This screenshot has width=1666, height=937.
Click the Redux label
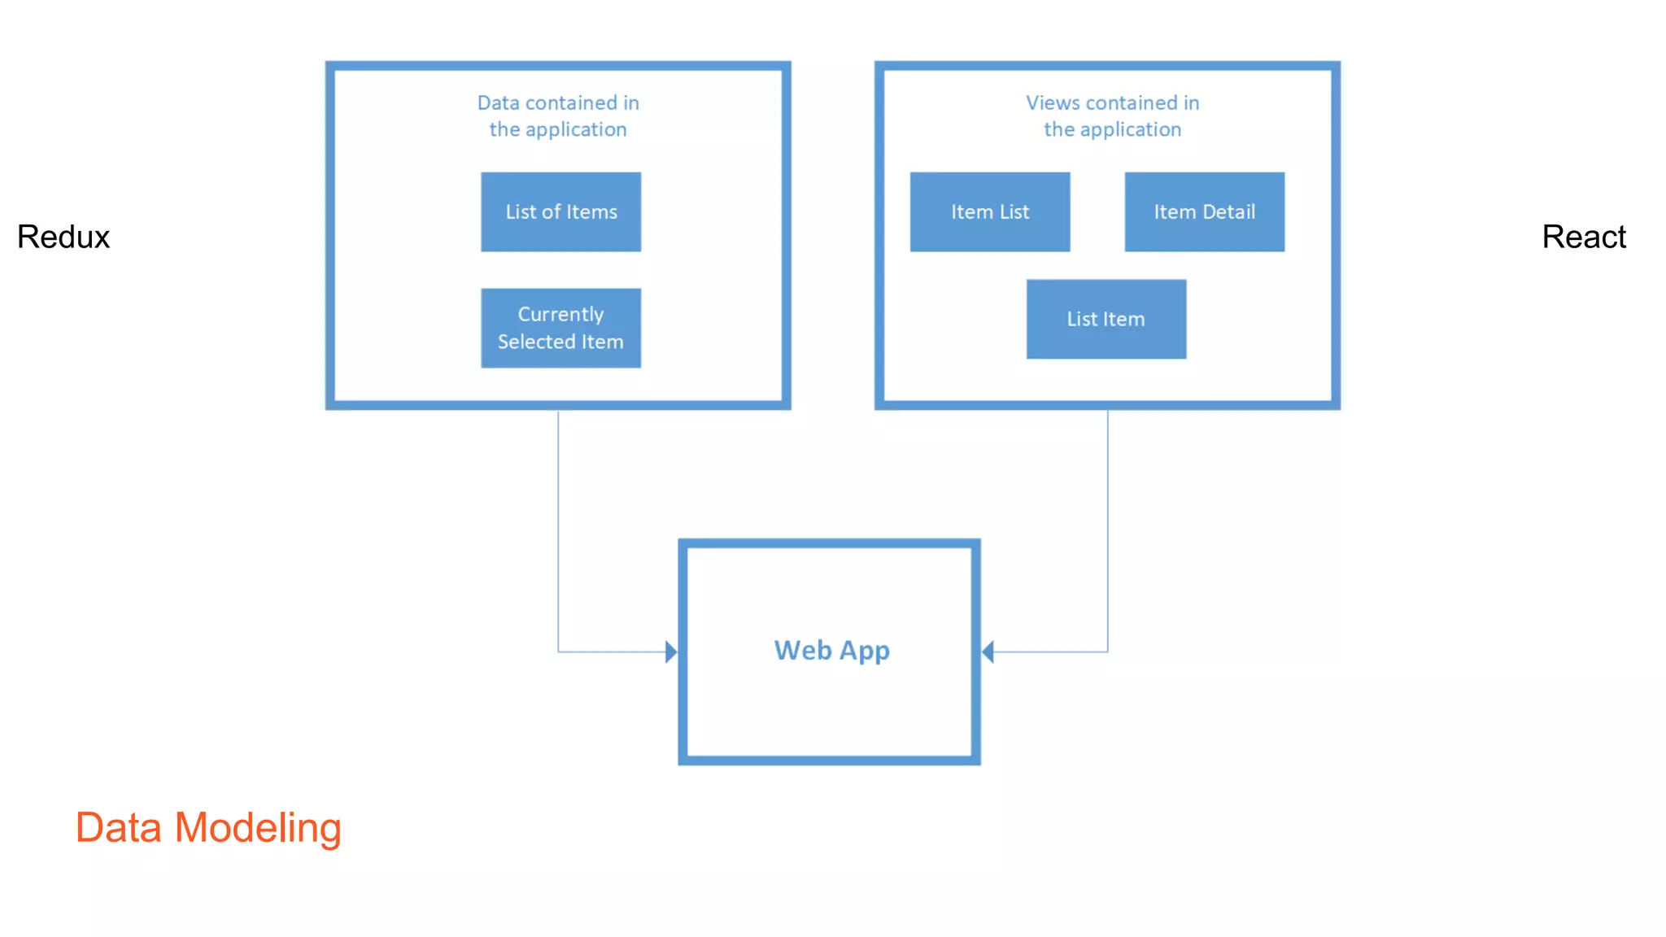[63, 237]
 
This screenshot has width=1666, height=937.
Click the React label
[1583, 237]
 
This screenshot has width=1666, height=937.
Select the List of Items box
[560, 211]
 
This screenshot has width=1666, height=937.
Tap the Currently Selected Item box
[560, 328]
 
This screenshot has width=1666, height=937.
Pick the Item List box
[989, 211]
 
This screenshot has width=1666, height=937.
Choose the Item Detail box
[1204, 211]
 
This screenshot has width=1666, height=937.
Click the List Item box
[1106, 319]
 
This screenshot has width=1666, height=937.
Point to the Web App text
[831, 651]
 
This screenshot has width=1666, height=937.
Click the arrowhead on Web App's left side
[671, 652]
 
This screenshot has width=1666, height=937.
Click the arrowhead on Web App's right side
[988, 652]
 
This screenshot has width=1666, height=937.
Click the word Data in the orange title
[119, 828]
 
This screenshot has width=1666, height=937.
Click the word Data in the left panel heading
[498, 103]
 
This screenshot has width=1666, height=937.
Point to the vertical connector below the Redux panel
[558, 529]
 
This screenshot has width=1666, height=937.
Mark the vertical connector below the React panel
[1107, 529]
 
